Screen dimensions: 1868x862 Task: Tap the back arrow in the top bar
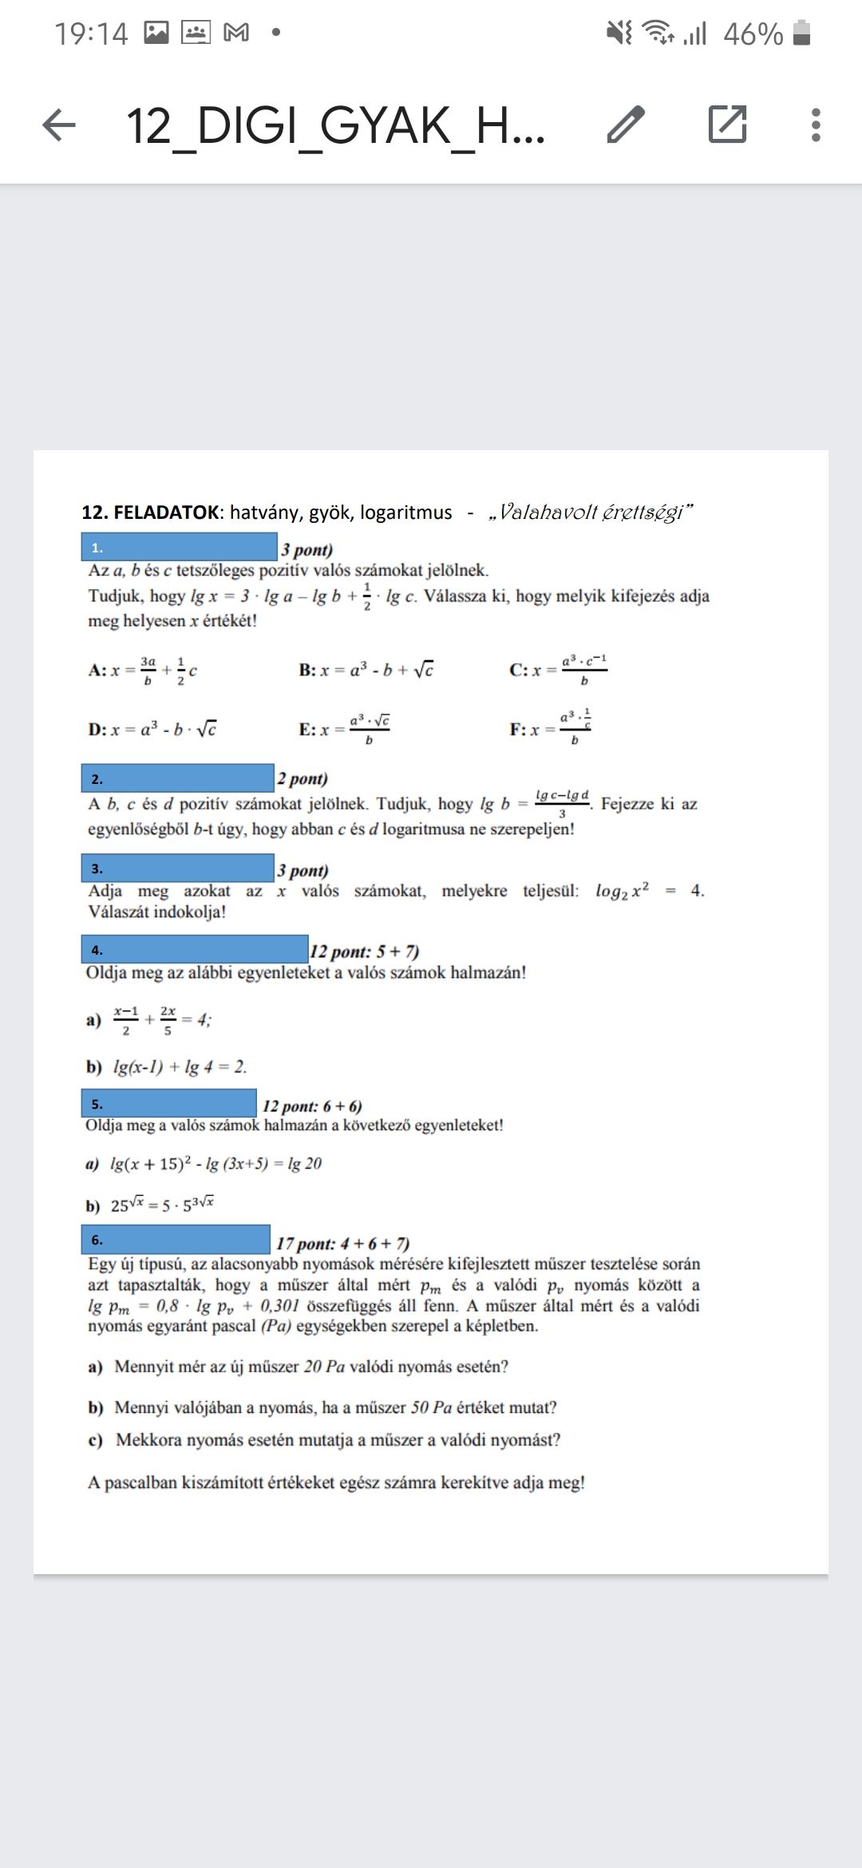pyautogui.click(x=59, y=125)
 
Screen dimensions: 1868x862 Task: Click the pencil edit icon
pyautogui.click(x=626, y=125)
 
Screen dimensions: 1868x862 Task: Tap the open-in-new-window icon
pyautogui.click(x=727, y=125)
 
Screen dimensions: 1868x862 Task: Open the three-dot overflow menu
pyautogui.click(x=815, y=125)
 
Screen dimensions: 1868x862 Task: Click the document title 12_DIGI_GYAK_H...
pyautogui.click(x=335, y=126)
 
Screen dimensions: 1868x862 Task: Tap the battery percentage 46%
pyautogui.click(x=753, y=34)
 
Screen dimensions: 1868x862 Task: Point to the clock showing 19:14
pyautogui.click(x=91, y=34)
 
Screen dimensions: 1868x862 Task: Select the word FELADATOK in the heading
pyautogui.click(x=166, y=513)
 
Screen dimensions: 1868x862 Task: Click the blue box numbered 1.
pyautogui.click(x=179, y=547)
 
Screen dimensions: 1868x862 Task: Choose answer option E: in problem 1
pyautogui.click(x=309, y=729)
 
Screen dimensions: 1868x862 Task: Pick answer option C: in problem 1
pyautogui.click(x=518, y=670)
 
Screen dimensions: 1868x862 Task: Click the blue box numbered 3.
pyautogui.click(x=177, y=868)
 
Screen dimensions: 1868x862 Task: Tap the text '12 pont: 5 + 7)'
pyautogui.click(x=364, y=952)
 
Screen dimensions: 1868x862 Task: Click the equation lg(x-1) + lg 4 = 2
pyautogui.click(x=180, y=1067)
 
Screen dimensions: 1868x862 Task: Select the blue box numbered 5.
pyautogui.click(x=168, y=1104)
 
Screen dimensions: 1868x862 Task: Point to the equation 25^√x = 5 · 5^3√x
pyautogui.click(x=162, y=1205)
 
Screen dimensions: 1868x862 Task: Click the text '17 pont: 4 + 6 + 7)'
pyautogui.click(x=342, y=1244)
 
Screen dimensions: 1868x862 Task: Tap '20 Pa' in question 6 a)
pyautogui.click(x=324, y=1366)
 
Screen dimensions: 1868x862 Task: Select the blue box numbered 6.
pyautogui.click(x=176, y=1240)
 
